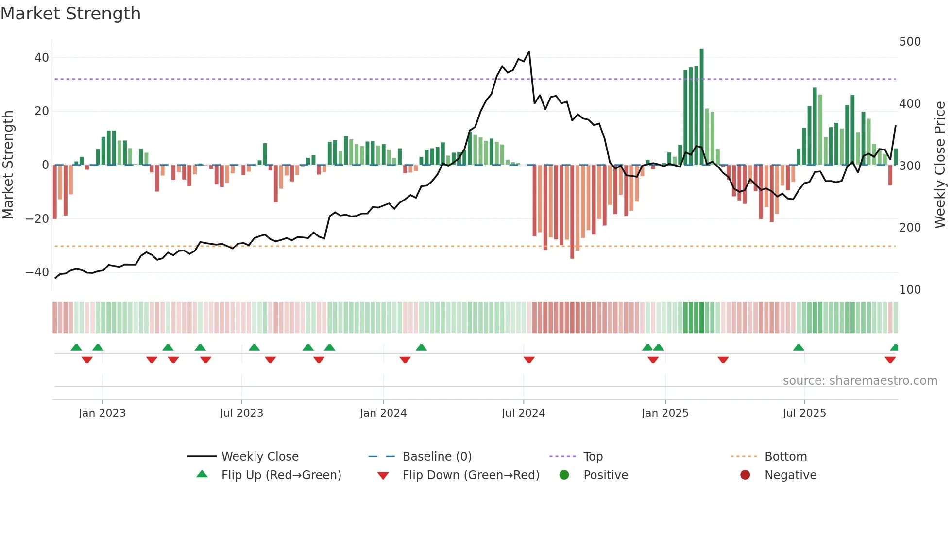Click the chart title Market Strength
click(x=70, y=14)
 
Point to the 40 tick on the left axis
click(x=42, y=58)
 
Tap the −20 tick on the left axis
click(x=37, y=219)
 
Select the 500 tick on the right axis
click(x=910, y=42)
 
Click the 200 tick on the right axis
click(x=910, y=228)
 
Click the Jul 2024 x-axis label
click(x=523, y=413)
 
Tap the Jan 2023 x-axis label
click(x=102, y=413)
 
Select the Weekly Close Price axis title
click(x=940, y=165)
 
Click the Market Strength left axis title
click(x=8, y=165)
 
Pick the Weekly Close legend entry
click(x=260, y=457)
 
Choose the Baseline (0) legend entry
click(x=437, y=457)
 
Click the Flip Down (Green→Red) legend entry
click(x=471, y=475)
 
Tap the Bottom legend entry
click(x=785, y=457)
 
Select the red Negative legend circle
click(x=745, y=475)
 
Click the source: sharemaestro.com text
click(x=860, y=381)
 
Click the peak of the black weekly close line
click(x=529, y=52)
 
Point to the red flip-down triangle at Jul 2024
click(x=529, y=360)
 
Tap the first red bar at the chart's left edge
click(x=55, y=192)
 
